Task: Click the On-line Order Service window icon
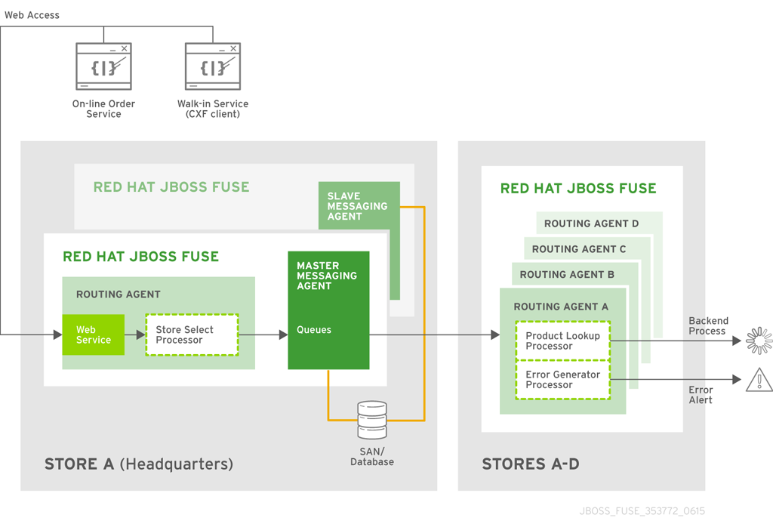103,66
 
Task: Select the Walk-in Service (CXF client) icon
213,66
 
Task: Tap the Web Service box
94,334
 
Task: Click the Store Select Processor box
192,334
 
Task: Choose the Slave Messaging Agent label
357,206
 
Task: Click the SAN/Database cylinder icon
372,421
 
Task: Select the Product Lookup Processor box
562,341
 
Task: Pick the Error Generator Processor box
562,380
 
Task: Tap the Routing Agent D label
591,224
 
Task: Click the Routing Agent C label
579,249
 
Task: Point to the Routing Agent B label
567,275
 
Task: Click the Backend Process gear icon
759,341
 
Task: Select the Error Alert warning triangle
759,381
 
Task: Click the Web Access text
32,15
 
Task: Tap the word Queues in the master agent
314,330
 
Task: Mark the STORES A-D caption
531,464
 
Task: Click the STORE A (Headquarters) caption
139,464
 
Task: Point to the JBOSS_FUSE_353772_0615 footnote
642,511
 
